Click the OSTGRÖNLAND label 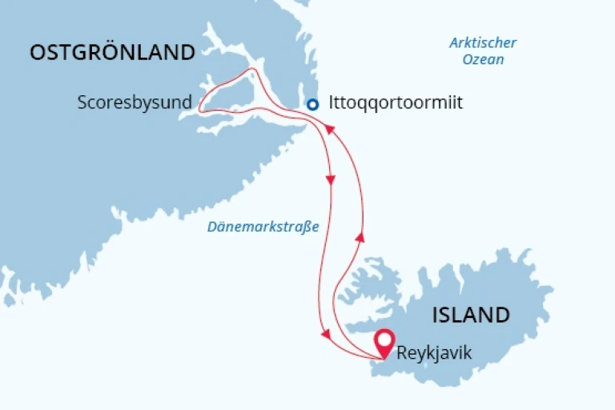(112, 53)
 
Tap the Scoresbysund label (135, 103)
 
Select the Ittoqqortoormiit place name (396, 103)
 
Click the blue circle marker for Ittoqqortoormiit (313, 103)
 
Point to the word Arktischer (483, 43)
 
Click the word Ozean (483, 59)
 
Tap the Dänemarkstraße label (263, 227)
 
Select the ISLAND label (471, 315)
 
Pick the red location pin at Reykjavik (384, 342)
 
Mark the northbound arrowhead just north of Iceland (360, 237)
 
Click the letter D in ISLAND (501, 315)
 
